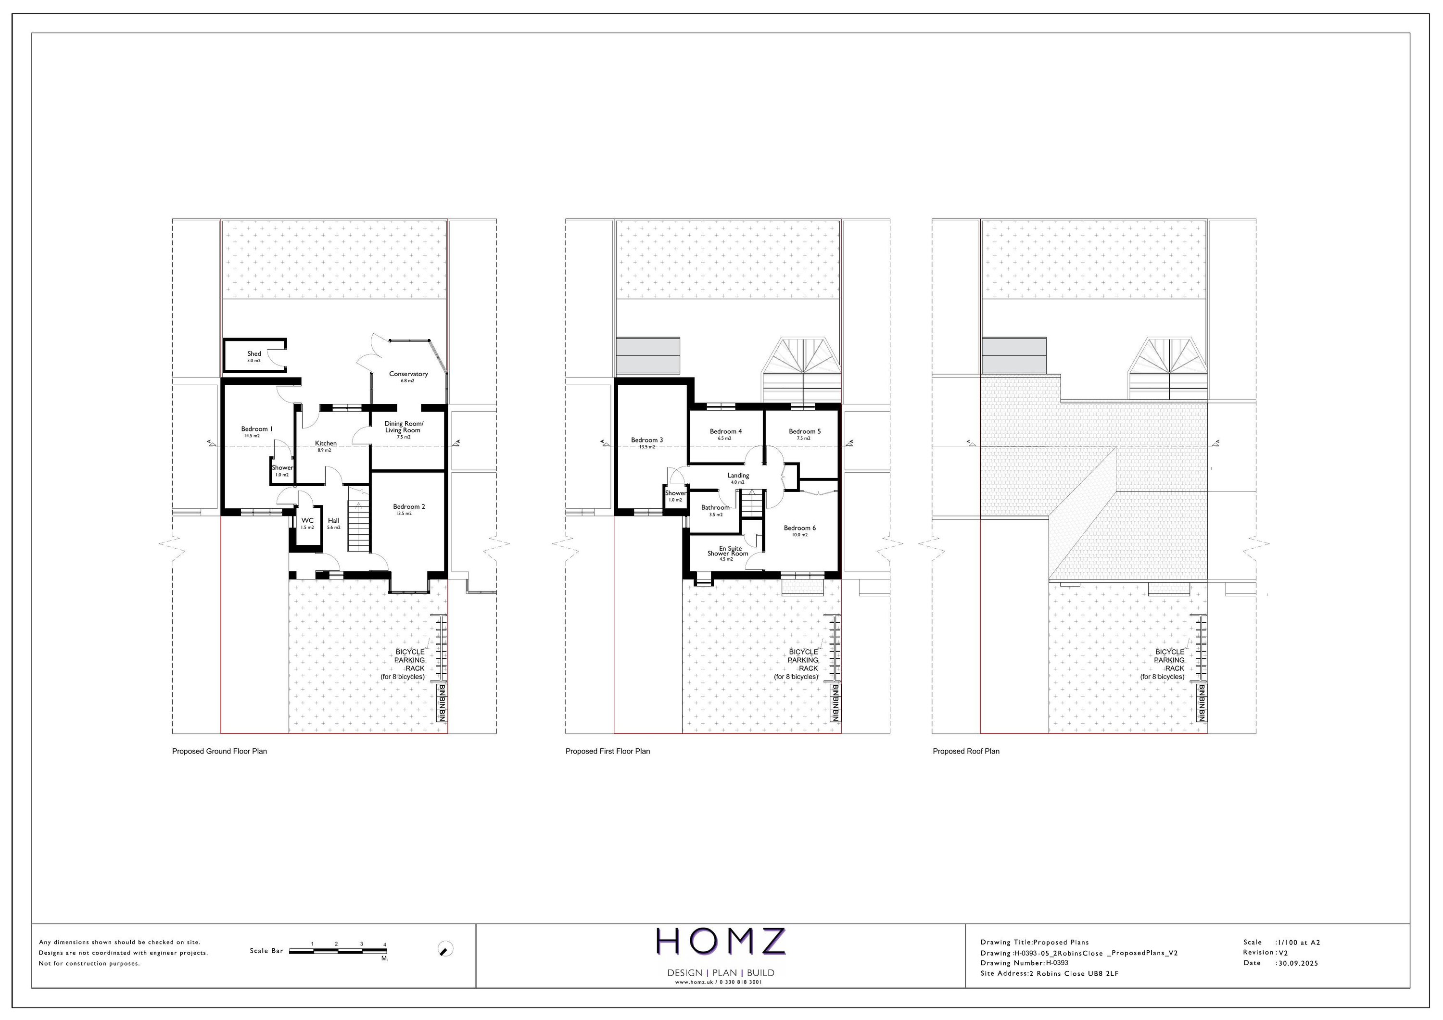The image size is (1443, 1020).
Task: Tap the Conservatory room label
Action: coord(408,375)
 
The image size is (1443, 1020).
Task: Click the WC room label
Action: coord(307,521)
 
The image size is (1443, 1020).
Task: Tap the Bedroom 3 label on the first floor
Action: coord(647,441)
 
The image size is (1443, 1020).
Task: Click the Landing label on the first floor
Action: coord(738,476)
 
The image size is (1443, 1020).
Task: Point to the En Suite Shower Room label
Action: coord(728,551)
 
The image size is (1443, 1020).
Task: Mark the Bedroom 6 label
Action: coord(799,529)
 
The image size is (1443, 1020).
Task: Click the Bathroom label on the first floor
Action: coord(715,508)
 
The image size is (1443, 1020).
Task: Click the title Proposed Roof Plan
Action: coord(965,751)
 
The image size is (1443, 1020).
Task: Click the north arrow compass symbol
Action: coord(445,949)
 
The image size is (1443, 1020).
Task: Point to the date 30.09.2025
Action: coord(1298,963)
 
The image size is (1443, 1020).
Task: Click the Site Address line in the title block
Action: coord(1049,973)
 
